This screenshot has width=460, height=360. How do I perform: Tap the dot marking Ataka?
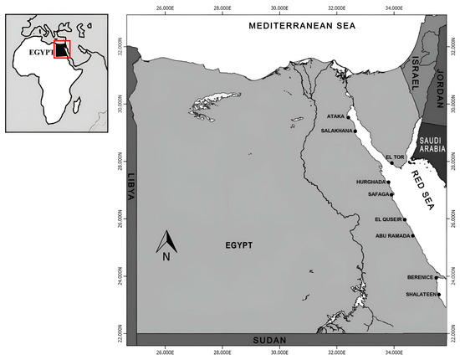pos(349,117)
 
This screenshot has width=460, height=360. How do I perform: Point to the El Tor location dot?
pos(391,164)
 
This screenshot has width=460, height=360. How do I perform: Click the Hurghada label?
pos(369,183)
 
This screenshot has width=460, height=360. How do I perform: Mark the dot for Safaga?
pos(391,195)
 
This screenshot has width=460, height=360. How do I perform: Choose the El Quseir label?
pos(388,220)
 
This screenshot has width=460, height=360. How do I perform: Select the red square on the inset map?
pos(62,49)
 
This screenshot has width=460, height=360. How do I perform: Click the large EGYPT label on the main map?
pos(239,245)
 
